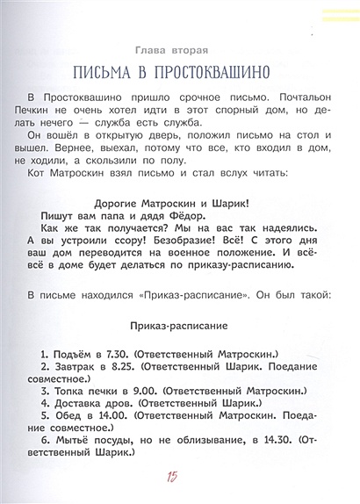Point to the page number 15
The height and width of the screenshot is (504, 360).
pyautogui.click(x=171, y=477)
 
